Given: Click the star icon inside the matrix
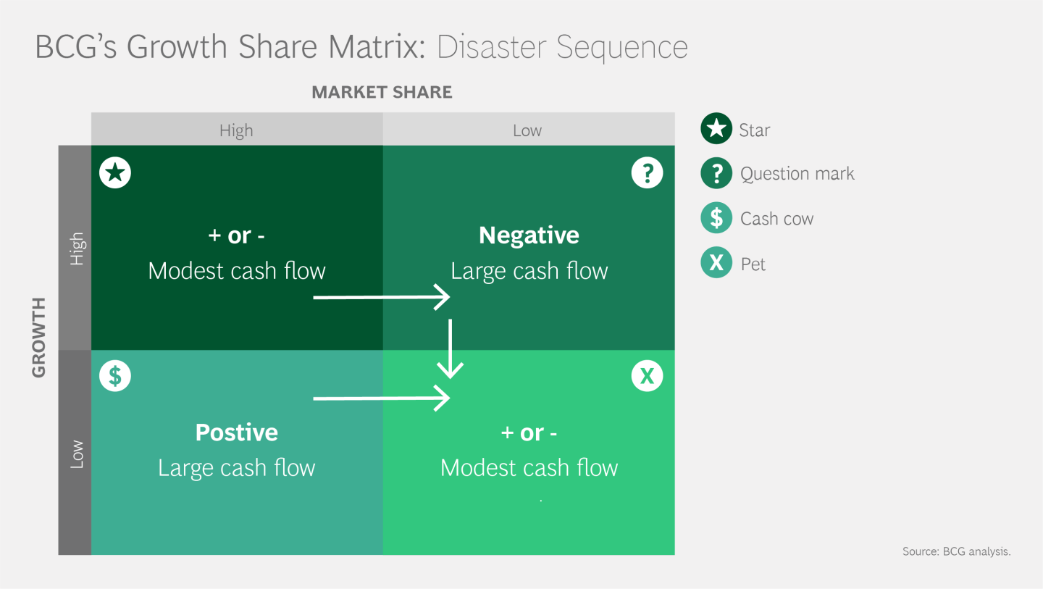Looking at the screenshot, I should [x=115, y=173].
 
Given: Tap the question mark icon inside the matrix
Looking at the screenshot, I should [x=647, y=173].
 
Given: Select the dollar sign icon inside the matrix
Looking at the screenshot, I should [x=115, y=376].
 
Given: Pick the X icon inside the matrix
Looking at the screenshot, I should [x=647, y=376].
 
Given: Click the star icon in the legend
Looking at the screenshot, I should [x=716, y=130].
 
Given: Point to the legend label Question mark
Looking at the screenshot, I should [x=797, y=174].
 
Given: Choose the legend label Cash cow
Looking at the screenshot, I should [x=776, y=219].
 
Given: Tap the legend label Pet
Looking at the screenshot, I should [x=753, y=264].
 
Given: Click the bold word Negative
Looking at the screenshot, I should [x=529, y=235].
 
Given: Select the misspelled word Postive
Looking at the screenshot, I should [x=237, y=433].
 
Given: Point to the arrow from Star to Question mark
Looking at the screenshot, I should [x=381, y=297].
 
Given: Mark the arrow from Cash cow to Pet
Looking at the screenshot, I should [x=381, y=398].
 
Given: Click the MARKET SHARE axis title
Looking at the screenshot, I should [x=382, y=92].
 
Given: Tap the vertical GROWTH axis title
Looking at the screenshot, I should [x=39, y=337].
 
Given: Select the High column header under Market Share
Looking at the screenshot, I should [x=236, y=130].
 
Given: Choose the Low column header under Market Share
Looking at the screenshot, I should [x=527, y=130].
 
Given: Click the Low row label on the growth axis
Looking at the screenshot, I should [x=76, y=454].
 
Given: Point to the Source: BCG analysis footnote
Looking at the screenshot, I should [x=956, y=551].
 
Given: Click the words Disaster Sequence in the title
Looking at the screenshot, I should [x=562, y=47].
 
